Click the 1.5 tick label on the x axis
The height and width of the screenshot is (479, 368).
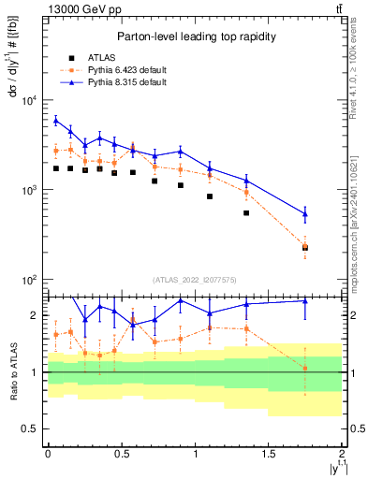(x=269, y=454)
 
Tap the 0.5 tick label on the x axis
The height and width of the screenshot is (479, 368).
(x=121, y=454)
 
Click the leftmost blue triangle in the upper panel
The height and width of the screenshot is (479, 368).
(x=56, y=120)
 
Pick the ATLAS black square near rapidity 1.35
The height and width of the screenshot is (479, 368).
(x=246, y=213)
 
